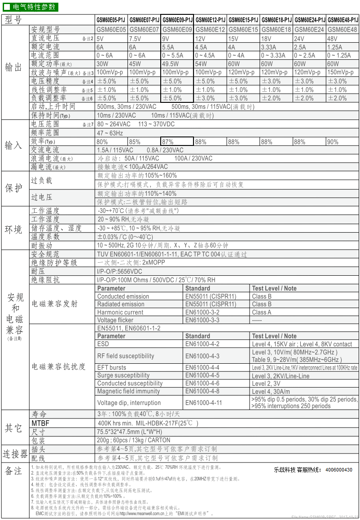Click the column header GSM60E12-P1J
coord(211,20)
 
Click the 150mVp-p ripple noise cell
coord(342,72)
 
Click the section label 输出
coord(13,67)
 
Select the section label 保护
coord(13,188)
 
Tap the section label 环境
coord(13,229)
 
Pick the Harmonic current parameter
coord(120,312)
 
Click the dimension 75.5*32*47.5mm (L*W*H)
coord(130,432)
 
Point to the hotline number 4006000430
coord(339,470)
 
